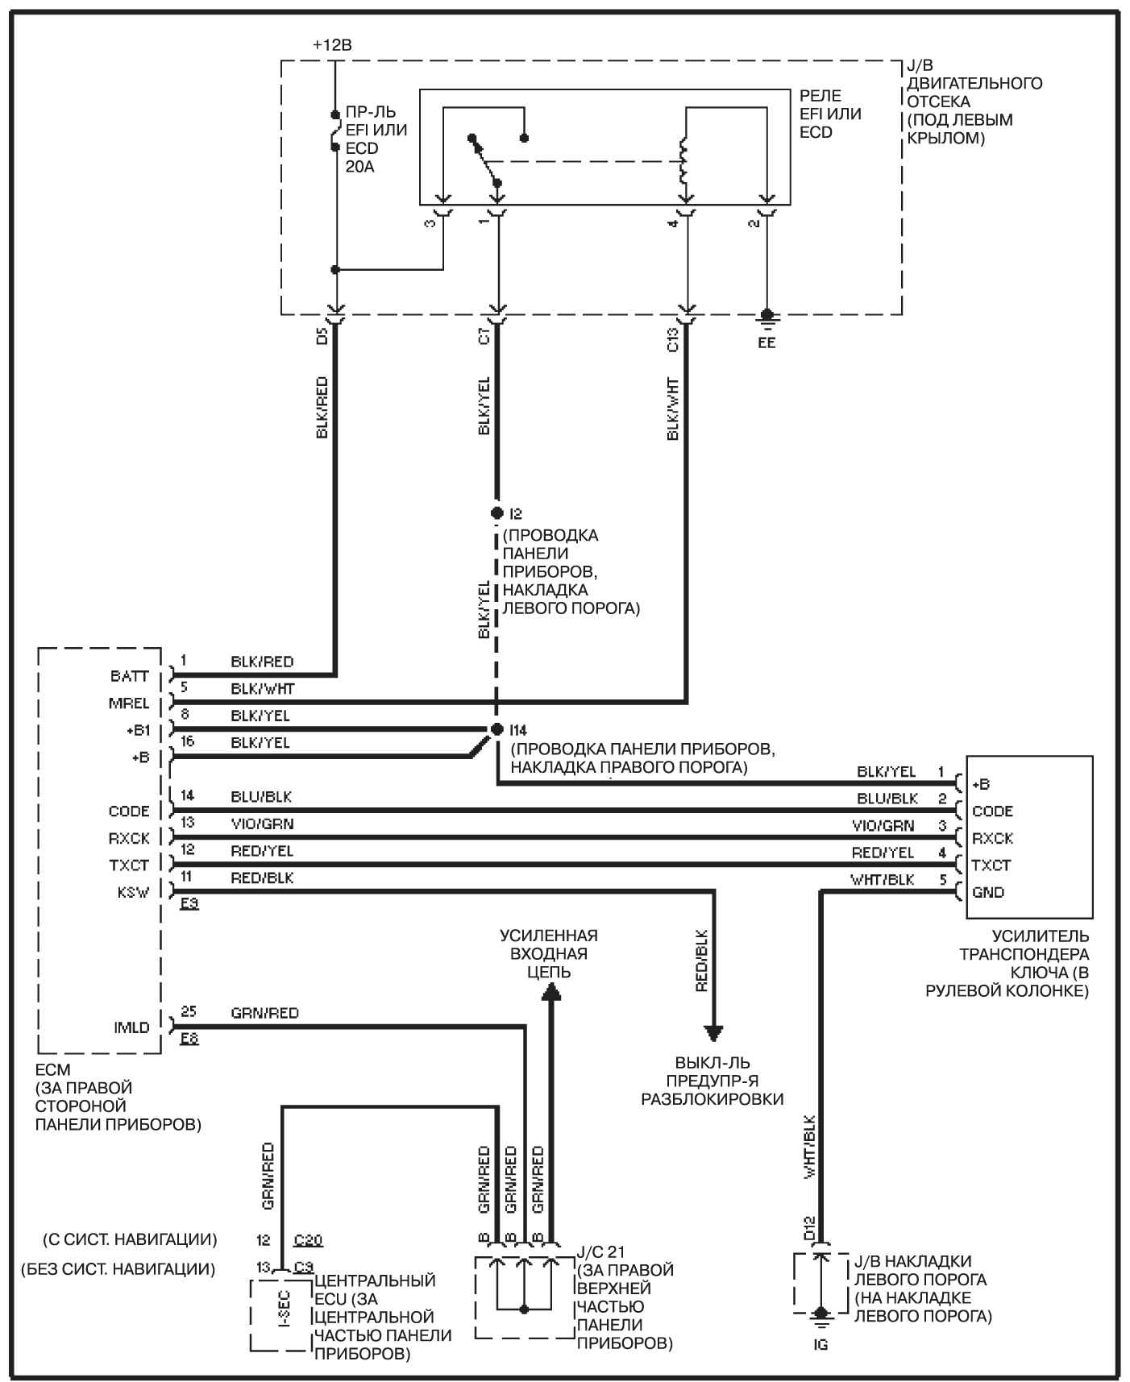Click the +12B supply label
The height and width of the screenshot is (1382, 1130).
[x=332, y=45]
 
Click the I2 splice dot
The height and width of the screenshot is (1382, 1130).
[x=496, y=513]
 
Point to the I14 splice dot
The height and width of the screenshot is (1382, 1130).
[x=496, y=728]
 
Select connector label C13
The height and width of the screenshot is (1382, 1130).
[x=673, y=338]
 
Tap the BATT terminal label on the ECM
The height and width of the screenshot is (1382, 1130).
[x=130, y=676]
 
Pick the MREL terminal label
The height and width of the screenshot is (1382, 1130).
[x=130, y=703]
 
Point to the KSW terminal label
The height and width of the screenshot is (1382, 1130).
[x=133, y=892]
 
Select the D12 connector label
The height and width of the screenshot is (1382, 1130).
[x=808, y=1228]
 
